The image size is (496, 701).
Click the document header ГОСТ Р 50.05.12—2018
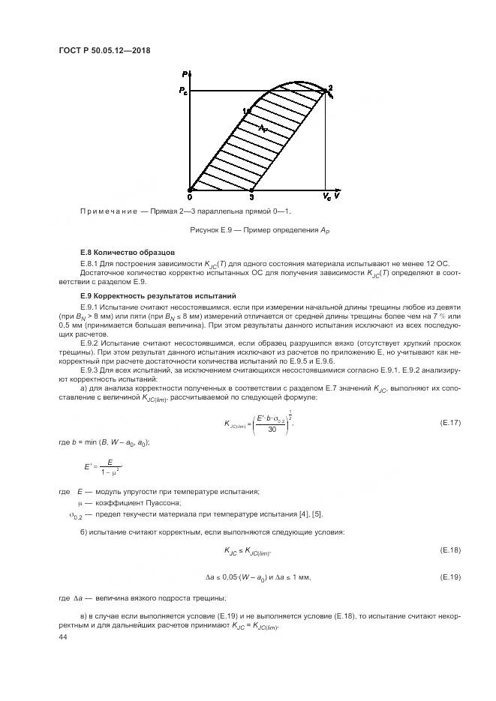110,49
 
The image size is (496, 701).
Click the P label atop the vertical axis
184,73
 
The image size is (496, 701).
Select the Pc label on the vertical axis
182,91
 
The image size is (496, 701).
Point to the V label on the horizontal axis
338,196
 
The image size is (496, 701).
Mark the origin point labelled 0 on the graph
189,196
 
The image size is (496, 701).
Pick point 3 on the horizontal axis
251,196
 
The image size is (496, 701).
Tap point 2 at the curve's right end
329,88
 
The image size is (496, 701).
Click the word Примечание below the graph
106,211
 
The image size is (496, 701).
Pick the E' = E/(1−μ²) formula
103,469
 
